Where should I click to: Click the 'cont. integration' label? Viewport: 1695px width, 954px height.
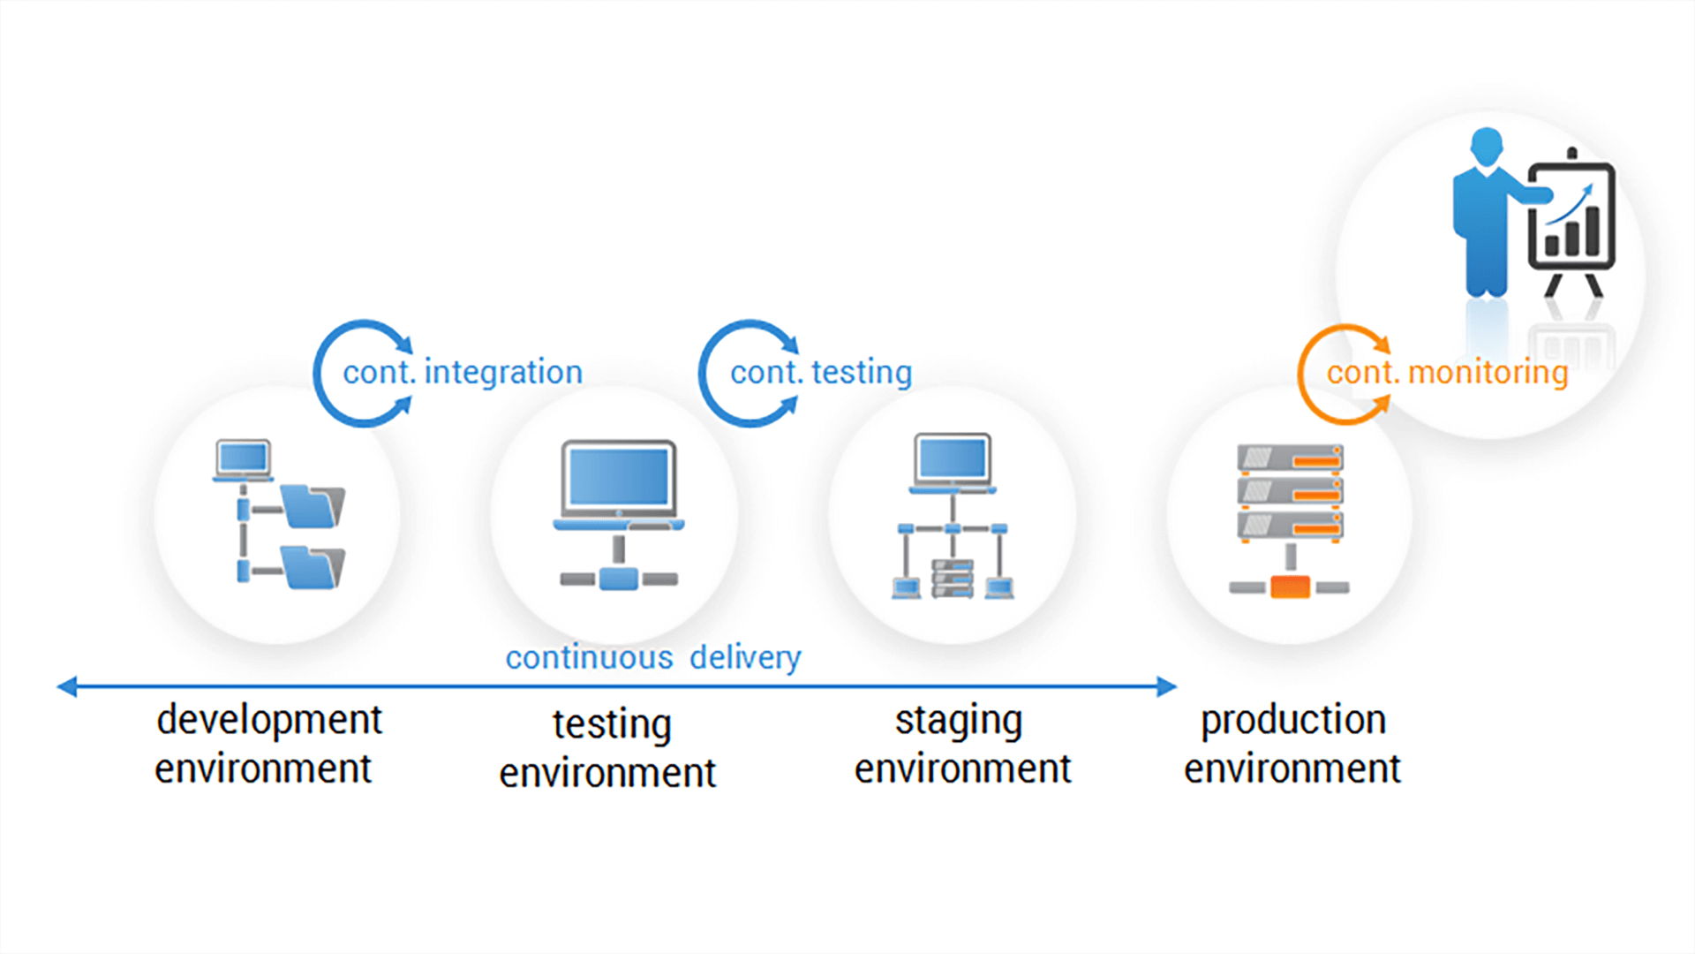[x=463, y=372]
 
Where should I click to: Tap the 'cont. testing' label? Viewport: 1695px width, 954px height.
[x=821, y=372]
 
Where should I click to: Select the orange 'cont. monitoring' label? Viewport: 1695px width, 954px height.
[x=1447, y=372]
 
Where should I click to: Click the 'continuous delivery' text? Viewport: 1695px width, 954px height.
[x=653, y=657]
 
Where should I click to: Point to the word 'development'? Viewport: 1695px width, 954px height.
[x=269, y=720]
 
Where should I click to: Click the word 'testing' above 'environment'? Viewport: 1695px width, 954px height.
[x=612, y=724]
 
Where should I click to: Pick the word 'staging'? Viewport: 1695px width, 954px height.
[x=959, y=721]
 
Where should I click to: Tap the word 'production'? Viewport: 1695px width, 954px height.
[x=1293, y=720]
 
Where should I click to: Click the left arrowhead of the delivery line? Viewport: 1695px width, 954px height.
[x=67, y=686]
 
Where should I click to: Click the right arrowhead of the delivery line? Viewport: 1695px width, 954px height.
[x=1167, y=686]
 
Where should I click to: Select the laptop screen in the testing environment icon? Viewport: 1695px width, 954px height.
[x=619, y=477]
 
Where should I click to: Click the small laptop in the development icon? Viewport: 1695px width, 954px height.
[x=243, y=460]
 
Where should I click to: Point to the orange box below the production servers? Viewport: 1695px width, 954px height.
[x=1290, y=587]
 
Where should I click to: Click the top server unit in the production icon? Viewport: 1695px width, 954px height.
[x=1290, y=458]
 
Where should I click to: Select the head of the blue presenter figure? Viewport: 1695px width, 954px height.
[x=1487, y=146]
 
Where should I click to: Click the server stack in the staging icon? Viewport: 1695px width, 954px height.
[x=953, y=579]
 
